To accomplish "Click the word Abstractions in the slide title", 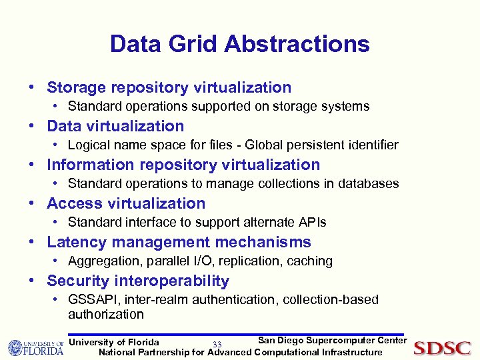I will pyautogui.click(x=297, y=44).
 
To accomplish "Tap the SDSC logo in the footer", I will pyautogui.click(x=442, y=347).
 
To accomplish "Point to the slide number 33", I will pyautogui.click(x=217, y=344).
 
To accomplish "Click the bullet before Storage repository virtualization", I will pyautogui.click(x=32, y=87).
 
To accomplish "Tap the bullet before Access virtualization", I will pyautogui.click(x=32, y=203).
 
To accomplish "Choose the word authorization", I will pyautogui.click(x=106, y=314).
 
